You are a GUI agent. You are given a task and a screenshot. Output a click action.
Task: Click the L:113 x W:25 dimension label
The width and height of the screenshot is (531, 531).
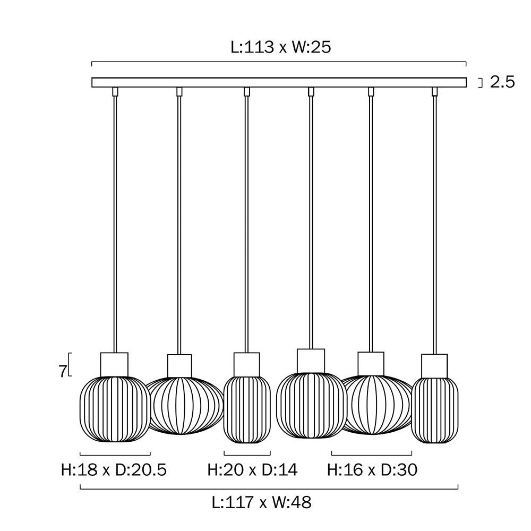pos(281,47)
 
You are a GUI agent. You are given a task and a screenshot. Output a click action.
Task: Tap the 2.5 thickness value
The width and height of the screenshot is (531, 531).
pos(502,82)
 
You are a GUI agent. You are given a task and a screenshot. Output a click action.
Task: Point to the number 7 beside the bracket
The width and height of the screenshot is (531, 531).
pos(62,372)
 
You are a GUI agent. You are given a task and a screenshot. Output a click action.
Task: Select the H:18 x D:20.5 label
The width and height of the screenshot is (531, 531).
pos(114,470)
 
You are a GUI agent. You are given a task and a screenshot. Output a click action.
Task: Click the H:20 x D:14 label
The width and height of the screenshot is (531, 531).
pos(252,470)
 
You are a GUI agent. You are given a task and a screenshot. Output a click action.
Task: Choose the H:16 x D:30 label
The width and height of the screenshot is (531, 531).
pos(372,470)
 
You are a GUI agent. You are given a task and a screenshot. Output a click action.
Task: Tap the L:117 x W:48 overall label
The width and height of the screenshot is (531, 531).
pos(261,502)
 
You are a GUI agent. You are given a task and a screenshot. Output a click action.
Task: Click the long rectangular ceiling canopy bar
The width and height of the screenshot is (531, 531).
pos(279,82)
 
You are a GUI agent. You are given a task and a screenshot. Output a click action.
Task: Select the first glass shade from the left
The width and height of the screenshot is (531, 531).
pos(115,409)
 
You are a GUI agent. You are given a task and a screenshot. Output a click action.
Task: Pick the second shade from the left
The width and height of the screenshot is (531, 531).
pos(185,406)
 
